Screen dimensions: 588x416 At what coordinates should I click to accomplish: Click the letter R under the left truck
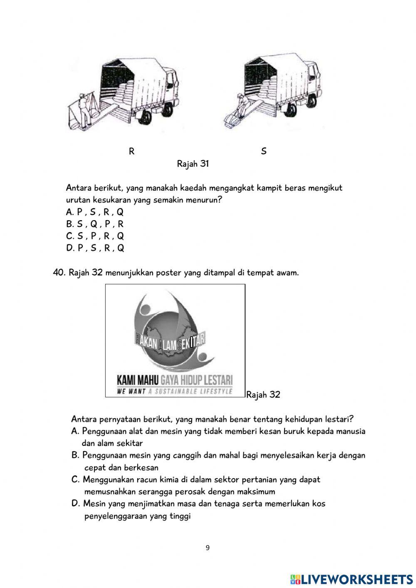coord(131,151)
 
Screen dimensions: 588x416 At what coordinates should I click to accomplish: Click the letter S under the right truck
coord(264,151)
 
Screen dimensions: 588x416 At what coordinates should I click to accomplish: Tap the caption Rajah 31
coord(193,164)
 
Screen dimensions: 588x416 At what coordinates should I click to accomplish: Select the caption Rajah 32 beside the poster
coord(263,394)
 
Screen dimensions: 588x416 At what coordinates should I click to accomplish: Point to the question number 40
coord(59,273)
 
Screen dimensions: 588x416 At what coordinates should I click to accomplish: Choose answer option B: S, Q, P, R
coord(95,224)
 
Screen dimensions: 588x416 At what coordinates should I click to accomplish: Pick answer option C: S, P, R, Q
coord(95,236)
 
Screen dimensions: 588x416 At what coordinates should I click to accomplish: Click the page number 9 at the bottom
coord(208,548)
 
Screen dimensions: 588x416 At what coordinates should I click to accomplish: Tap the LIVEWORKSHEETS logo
coord(352,579)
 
